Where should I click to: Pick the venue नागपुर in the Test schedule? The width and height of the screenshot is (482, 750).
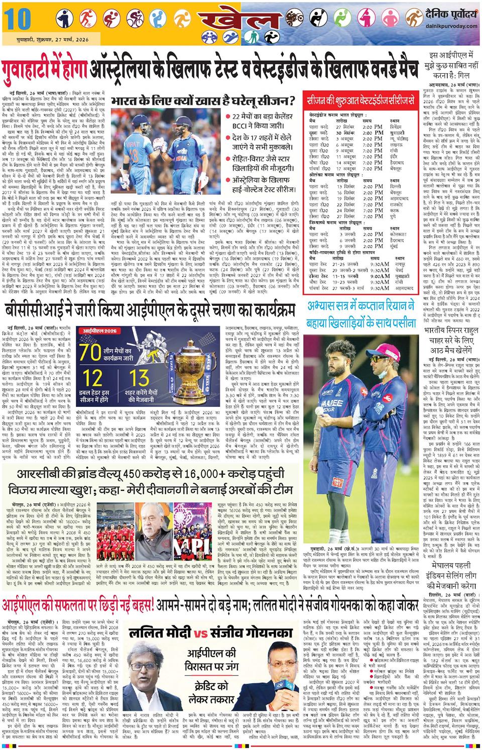tap(397, 263)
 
